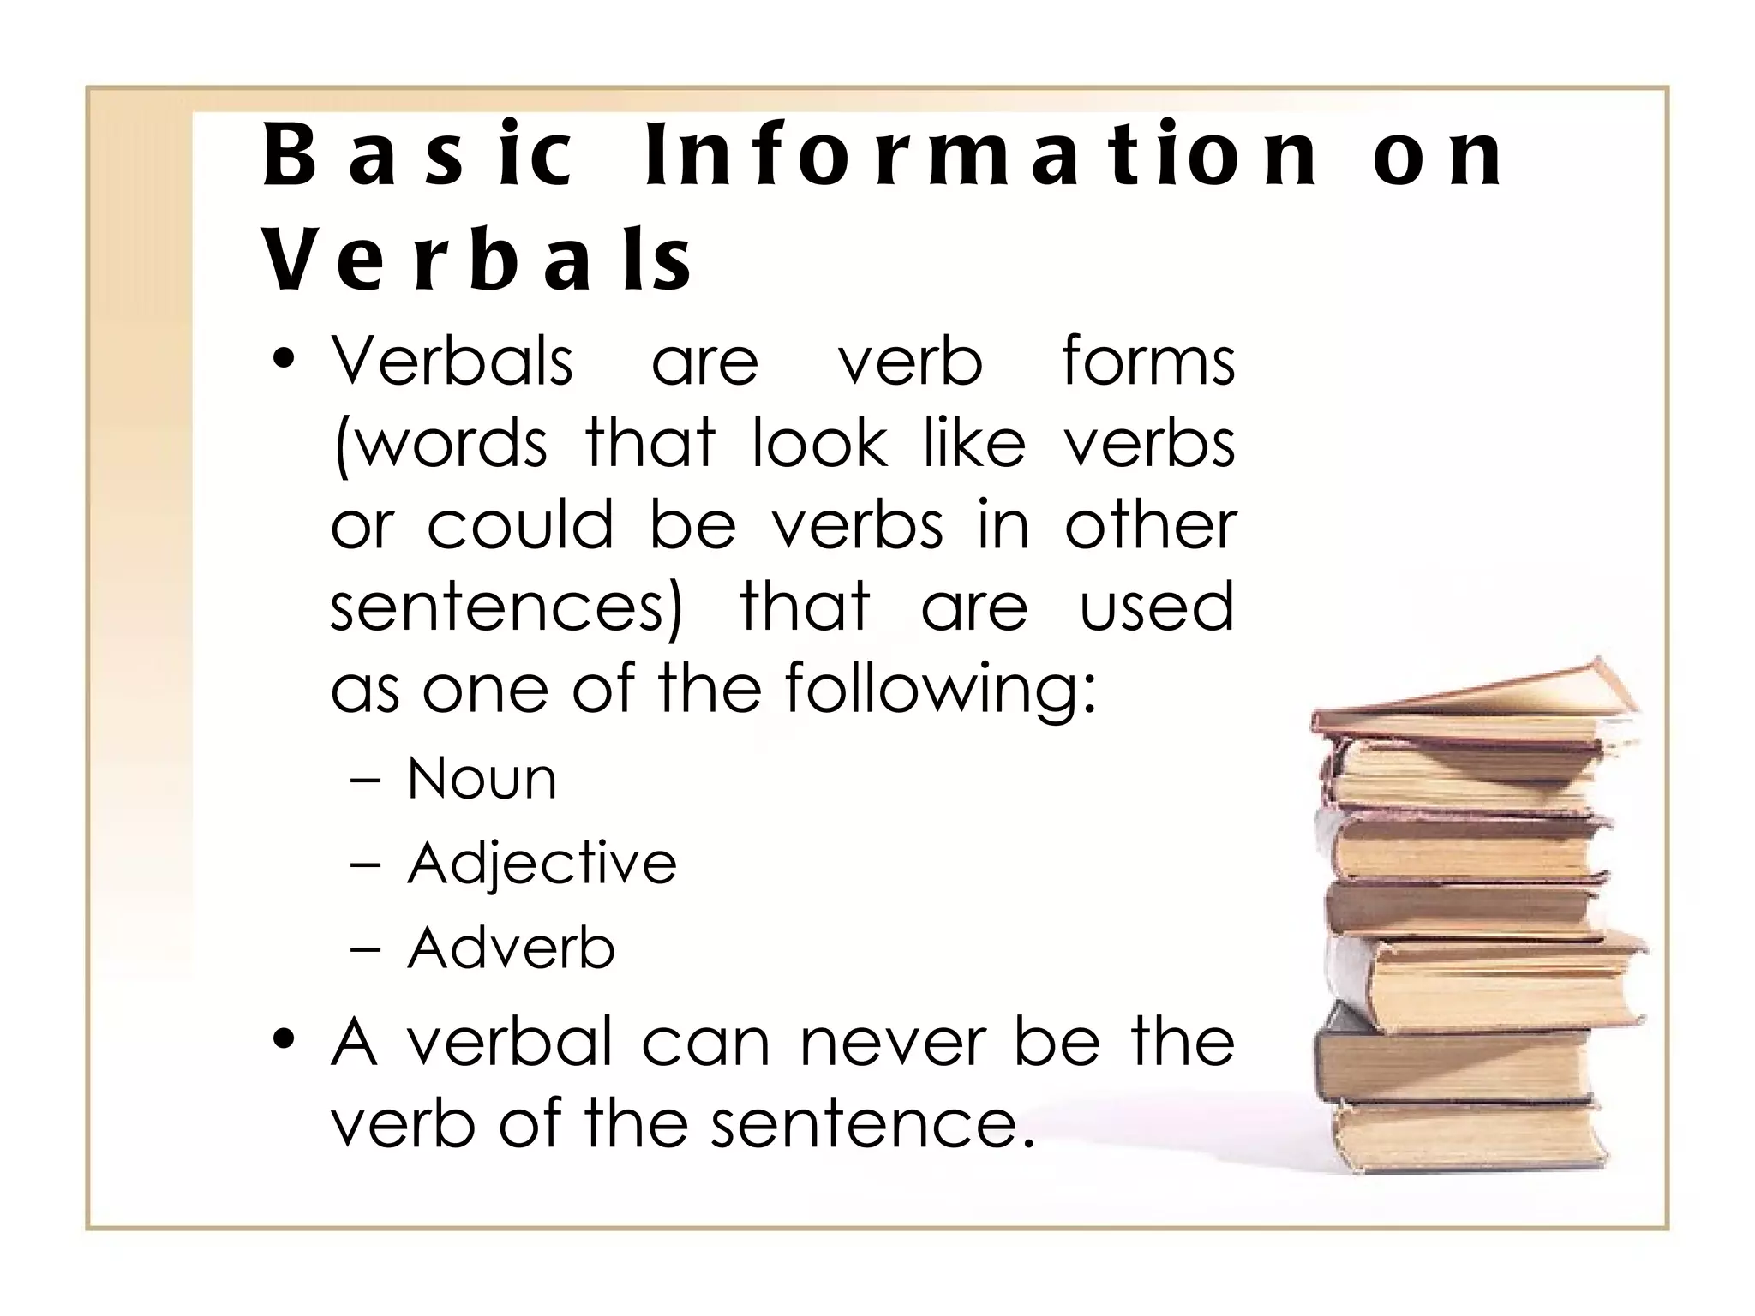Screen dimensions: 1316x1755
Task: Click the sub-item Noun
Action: [482, 779]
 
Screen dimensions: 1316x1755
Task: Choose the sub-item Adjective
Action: [542, 863]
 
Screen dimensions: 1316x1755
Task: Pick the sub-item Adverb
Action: [511, 948]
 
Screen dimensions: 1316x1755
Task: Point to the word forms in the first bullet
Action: [1148, 362]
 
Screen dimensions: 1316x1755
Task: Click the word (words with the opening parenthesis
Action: [440, 445]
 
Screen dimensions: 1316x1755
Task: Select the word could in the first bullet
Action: [520, 525]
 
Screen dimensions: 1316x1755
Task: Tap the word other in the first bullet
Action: [1150, 525]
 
